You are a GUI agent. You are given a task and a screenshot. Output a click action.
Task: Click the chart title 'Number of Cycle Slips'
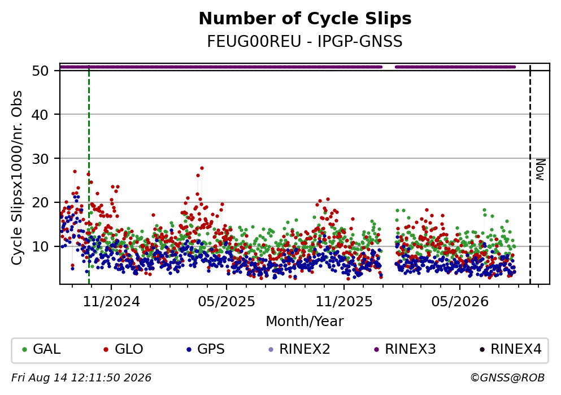(x=305, y=19)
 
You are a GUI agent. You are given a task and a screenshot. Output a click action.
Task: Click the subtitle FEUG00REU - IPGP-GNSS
(x=305, y=41)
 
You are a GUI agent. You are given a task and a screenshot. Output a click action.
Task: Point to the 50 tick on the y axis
(x=40, y=71)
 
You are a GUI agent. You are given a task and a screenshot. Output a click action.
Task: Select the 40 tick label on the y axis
(x=40, y=115)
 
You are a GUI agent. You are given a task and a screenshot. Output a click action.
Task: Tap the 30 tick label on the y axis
(x=40, y=159)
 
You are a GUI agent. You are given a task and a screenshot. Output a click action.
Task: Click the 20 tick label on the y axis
(x=40, y=203)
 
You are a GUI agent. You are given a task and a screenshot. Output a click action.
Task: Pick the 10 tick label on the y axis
(x=40, y=247)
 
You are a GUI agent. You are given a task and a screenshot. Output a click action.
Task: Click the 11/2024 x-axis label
(x=111, y=302)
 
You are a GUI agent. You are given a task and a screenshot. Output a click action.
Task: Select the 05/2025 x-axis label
(x=227, y=302)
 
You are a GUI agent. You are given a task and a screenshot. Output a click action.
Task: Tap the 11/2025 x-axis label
(x=344, y=302)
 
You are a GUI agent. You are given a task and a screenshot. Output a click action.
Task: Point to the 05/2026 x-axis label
(x=460, y=302)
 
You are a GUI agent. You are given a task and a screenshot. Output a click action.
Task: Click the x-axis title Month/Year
(x=305, y=322)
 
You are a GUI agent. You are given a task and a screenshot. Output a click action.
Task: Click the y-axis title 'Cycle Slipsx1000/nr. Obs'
(x=16, y=178)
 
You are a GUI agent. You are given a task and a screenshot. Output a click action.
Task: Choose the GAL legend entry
(x=41, y=349)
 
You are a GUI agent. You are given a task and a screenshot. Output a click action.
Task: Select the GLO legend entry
(x=123, y=349)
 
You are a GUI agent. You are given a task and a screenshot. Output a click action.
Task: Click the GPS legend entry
(x=206, y=349)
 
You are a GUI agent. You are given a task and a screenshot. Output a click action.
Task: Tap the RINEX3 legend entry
(x=405, y=349)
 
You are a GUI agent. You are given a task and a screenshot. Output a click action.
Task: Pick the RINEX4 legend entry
(x=511, y=349)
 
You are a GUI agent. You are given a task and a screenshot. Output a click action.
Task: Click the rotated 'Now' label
(x=540, y=170)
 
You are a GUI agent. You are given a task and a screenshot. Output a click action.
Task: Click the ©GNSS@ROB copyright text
(x=507, y=378)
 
